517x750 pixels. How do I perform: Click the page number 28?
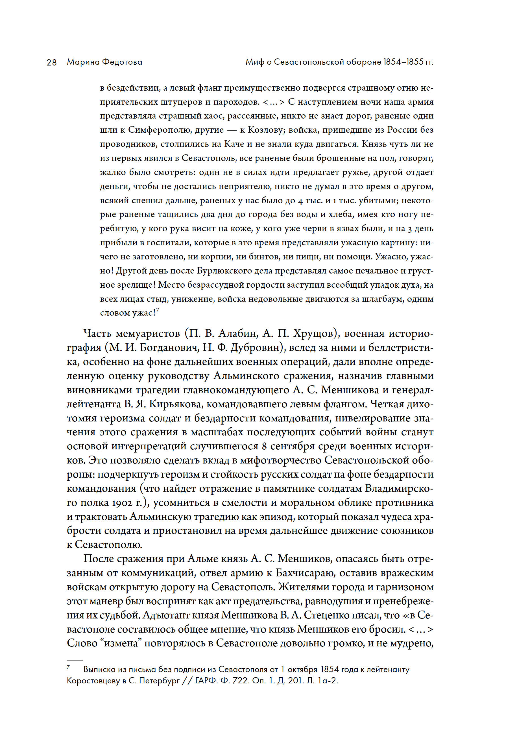pos(51,62)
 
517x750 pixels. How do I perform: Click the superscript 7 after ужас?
pos(158,310)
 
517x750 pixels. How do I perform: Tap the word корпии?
pos(213,257)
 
